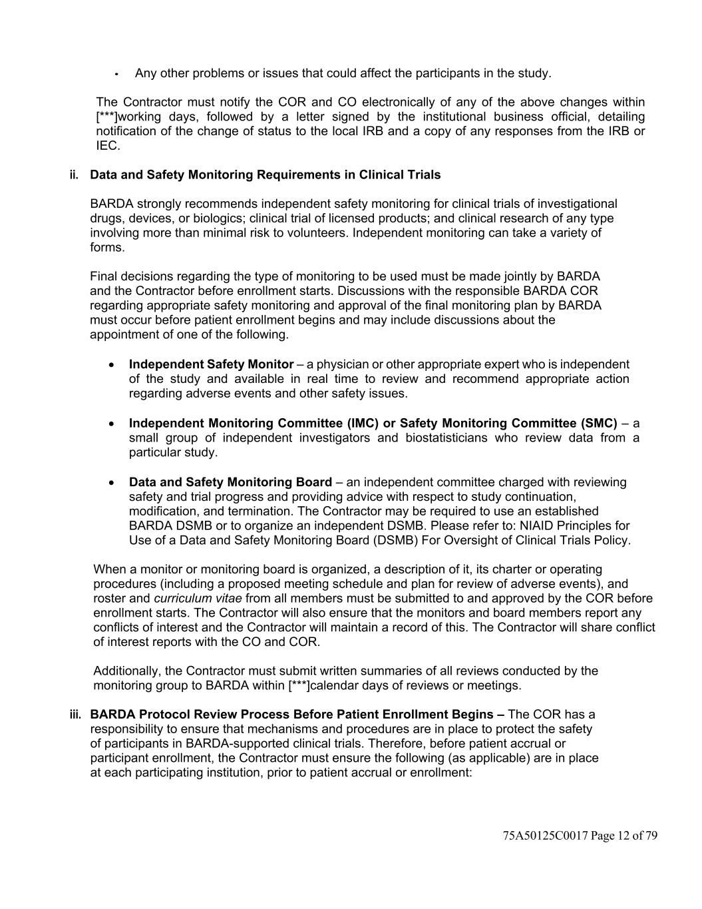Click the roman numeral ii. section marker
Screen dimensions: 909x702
click(x=74, y=175)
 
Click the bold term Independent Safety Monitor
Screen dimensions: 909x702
click(x=211, y=364)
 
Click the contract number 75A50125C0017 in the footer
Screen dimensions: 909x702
click(x=546, y=836)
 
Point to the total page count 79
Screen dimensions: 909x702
click(x=651, y=836)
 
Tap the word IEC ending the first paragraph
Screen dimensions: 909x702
click(x=107, y=146)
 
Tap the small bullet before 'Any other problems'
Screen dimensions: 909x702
click(x=116, y=74)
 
